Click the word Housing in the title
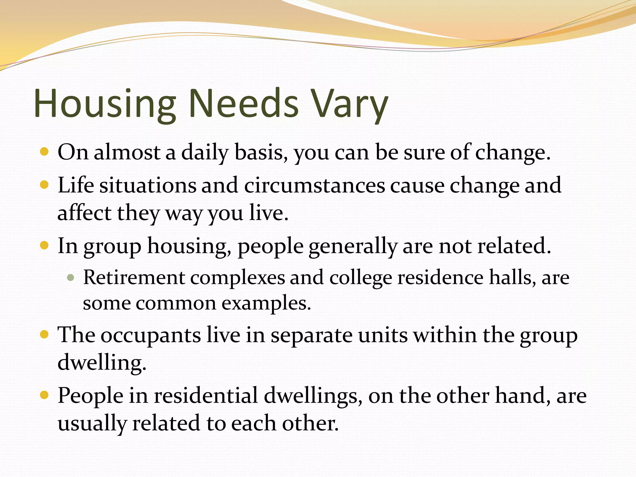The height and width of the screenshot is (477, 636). [x=105, y=104]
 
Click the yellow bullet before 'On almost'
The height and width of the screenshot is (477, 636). [x=45, y=152]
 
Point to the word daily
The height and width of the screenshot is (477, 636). [x=205, y=153]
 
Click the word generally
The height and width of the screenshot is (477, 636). [x=353, y=246]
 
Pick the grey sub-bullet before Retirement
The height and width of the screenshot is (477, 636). [x=71, y=277]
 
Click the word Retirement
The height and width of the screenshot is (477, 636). [x=134, y=277]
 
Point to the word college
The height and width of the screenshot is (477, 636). [x=361, y=278]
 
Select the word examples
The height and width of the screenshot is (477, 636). [x=266, y=303]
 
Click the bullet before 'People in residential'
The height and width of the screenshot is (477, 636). [x=45, y=395]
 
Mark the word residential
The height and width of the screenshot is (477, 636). [x=206, y=396]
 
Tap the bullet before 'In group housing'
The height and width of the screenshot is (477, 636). [x=45, y=246]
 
